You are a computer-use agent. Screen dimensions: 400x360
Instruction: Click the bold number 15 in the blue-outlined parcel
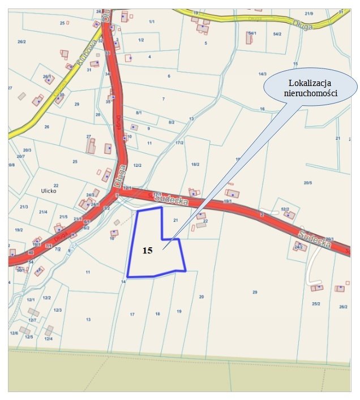pos(147,250)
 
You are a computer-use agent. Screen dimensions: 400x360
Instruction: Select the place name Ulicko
pos(49,191)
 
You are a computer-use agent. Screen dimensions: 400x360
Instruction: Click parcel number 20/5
pos(308,183)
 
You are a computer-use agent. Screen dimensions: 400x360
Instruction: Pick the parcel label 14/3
pos(262,74)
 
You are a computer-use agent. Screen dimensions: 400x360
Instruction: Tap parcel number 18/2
pos(195,164)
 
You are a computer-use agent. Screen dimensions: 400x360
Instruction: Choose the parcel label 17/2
pos(180,143)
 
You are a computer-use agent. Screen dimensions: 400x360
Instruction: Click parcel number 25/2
pos(315,303)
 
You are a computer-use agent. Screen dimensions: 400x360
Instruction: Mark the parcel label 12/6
pos(13,333)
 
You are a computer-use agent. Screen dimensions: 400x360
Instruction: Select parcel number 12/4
pos(48,338)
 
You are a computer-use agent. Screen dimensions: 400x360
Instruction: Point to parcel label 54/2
pos(277,34)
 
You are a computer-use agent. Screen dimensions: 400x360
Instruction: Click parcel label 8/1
pos(139,113)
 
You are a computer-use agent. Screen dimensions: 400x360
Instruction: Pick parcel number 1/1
pos(151,21)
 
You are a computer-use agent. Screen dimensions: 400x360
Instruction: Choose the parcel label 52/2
pos(285,209)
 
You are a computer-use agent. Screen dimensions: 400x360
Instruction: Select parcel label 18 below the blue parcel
pos(157,313)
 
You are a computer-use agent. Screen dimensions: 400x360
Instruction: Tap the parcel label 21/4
pos(43,212)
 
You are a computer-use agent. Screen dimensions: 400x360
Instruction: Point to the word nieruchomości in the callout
pos(311,94)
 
